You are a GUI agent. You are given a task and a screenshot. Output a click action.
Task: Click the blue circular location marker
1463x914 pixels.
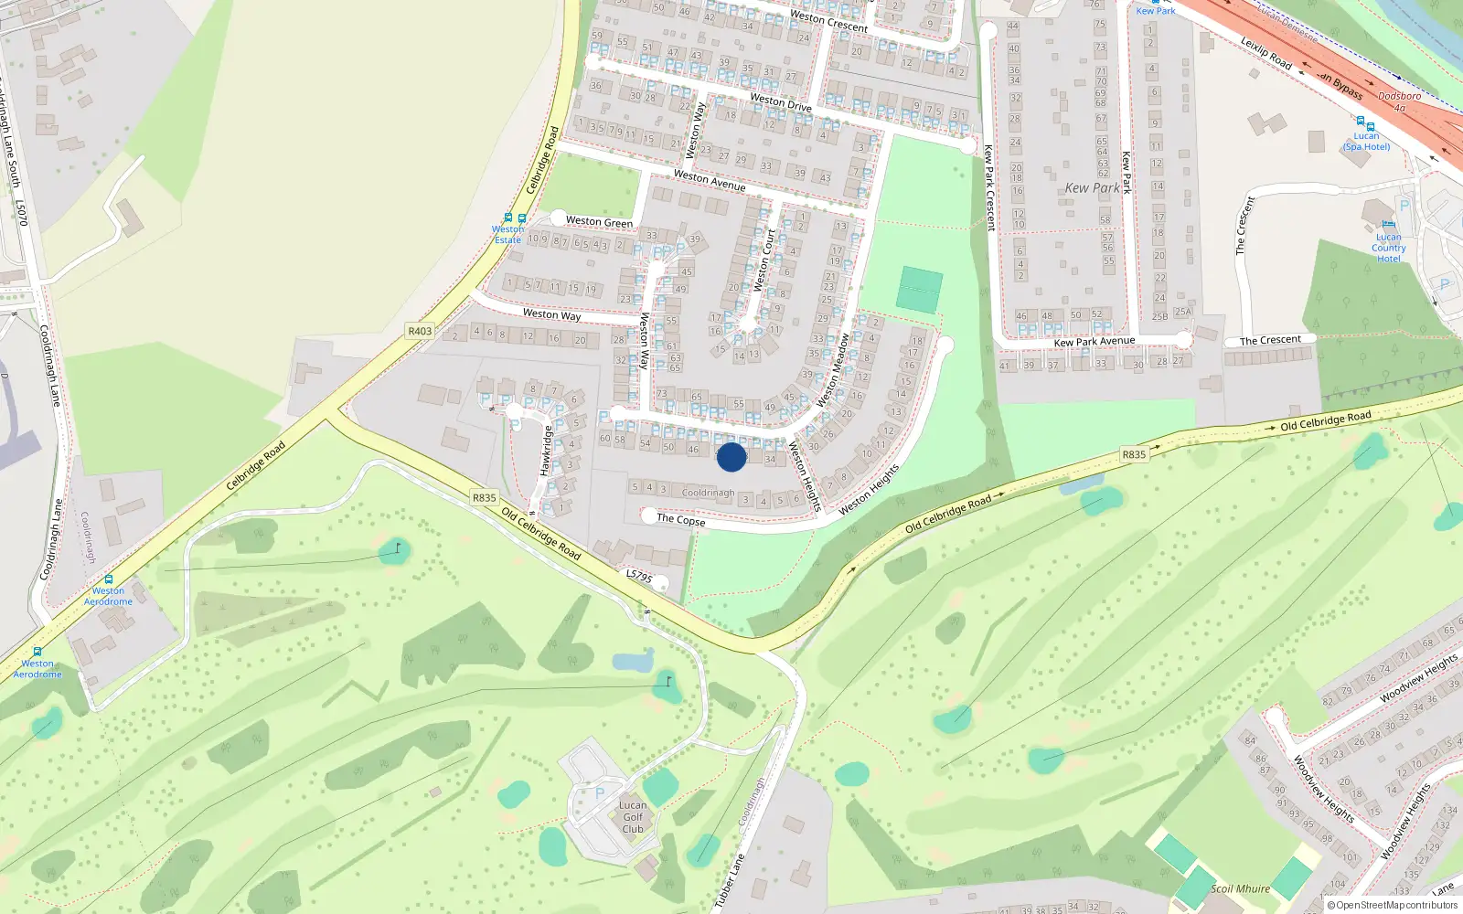point(731,457)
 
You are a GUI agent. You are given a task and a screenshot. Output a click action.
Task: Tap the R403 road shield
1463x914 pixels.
point(420,331)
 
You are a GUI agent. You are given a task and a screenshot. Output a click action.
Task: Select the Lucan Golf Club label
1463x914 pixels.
point(633,817)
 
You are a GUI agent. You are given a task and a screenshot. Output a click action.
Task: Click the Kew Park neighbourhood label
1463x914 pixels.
point(1092,188)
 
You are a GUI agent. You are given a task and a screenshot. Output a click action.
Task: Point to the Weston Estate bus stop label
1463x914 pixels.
point(508,235)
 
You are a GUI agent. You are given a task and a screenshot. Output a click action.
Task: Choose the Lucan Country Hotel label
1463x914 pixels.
point(1388,248)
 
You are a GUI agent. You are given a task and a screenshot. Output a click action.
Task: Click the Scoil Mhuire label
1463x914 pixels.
point(1240,888)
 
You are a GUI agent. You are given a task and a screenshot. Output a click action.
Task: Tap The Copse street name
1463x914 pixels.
point(680,519)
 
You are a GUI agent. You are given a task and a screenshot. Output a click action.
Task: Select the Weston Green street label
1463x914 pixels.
point(599,221)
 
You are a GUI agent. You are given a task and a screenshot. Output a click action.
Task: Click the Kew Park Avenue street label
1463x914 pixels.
point(1095,342)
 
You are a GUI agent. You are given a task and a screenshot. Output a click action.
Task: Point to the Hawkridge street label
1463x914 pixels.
point(546,451)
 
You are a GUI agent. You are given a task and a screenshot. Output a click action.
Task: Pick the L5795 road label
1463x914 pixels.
point(639,576)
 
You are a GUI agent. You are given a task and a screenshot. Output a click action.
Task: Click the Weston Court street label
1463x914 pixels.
point(764,260)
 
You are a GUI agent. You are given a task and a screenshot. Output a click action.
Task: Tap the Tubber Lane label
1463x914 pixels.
point(730,881)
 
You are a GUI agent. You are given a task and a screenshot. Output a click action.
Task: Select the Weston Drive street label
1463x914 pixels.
point(780,101)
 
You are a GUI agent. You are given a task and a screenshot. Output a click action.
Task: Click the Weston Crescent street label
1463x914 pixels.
point(828,21)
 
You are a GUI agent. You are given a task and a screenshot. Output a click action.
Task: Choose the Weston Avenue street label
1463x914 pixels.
point(709,180)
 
